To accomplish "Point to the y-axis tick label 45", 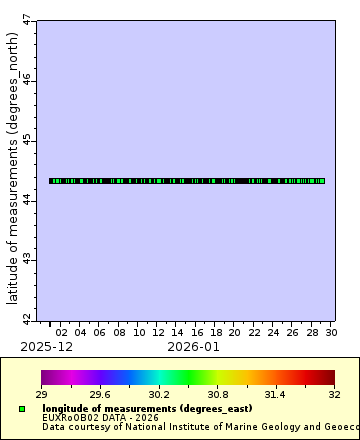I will pyautogui.click(x=27, y=139).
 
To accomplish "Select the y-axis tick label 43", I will pyautogui.click(x=27, y=260).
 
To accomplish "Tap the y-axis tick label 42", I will pyautogui.click(x=27, y=319).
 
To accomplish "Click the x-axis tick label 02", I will pyautogui.click(x=61, y=332).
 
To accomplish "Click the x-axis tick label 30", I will pyautogui.click(x=331, y=332).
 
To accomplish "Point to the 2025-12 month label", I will pyautogui.click(x=46, y=346).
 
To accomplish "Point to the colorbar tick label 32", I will pyautogui.click(x=335, y=396).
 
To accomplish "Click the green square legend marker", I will pyautogui.click(x=21, y=409).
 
